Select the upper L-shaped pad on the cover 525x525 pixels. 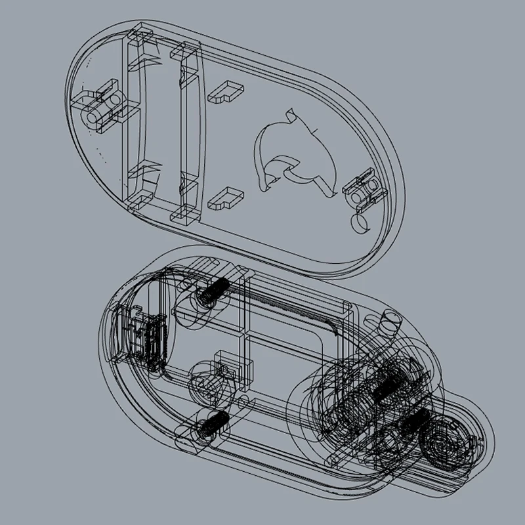point(226,90)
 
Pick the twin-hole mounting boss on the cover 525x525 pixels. point(363,189)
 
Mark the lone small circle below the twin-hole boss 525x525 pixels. point(360,223)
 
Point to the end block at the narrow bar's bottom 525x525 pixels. point(186,209)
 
